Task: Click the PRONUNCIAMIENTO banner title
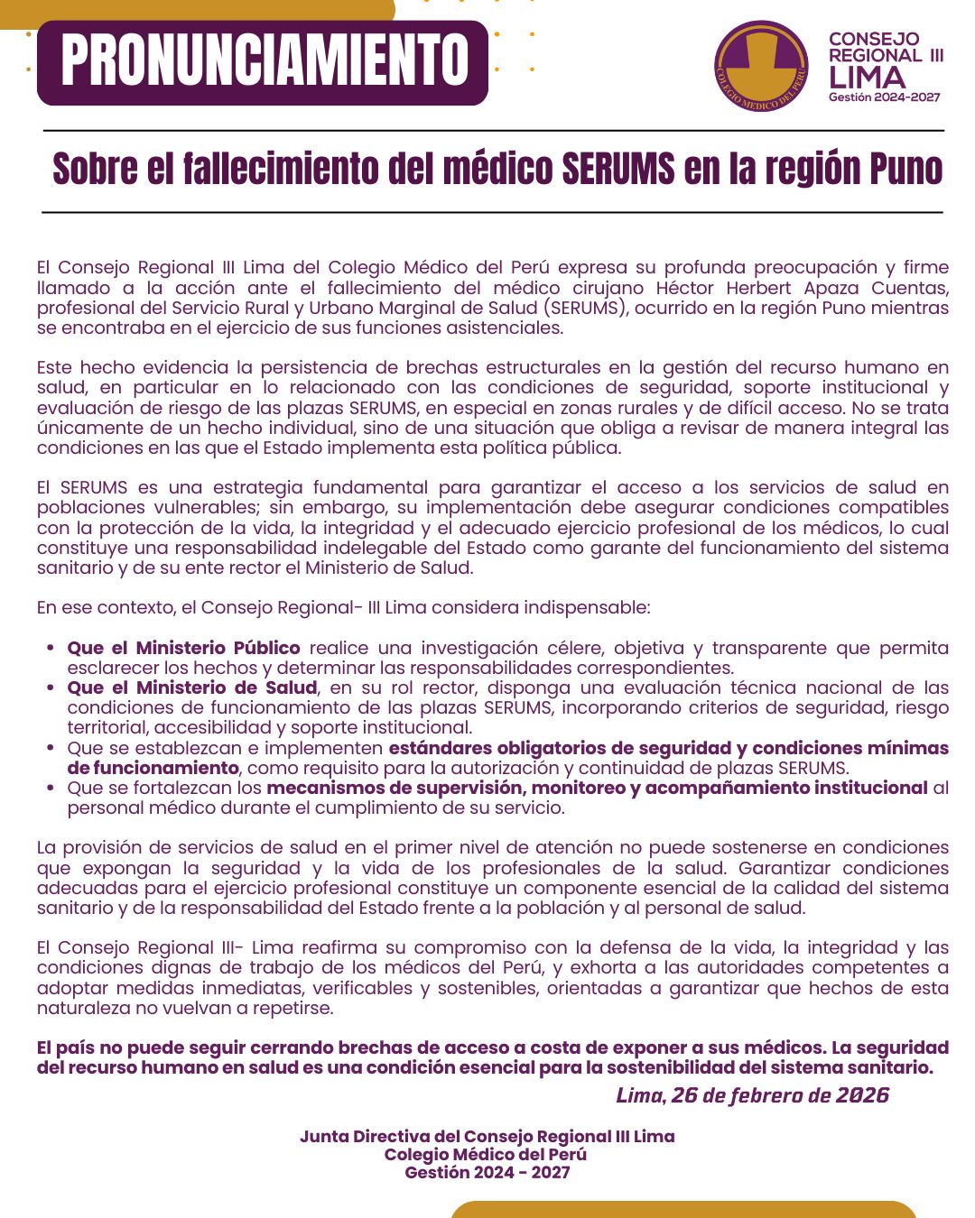point(265,61)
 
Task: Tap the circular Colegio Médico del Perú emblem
point(761,67)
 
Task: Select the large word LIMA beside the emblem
point(867,78)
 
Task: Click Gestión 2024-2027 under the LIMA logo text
point(884,97)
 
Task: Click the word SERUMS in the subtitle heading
point(617,170)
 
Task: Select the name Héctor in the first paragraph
point(687,288)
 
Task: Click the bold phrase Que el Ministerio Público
point(183,648)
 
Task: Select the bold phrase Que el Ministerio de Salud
point(191,687)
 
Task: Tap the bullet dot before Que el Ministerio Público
point(50,649)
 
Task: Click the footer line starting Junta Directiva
point(487,1137)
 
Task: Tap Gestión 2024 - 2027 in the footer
point(487,1173)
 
